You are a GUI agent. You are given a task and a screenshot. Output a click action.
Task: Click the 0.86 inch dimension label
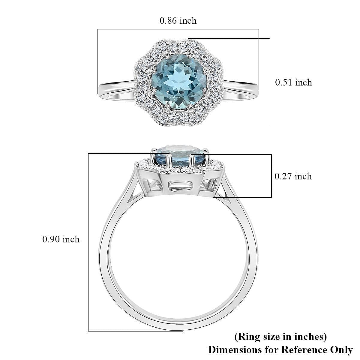[x=178, y=21]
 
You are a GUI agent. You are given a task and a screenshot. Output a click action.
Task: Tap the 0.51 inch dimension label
[x=293, y=82]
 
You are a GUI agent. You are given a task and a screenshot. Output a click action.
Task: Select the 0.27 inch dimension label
[x=293, y=176]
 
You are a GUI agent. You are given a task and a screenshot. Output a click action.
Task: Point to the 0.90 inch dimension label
[x=61, y=239]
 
